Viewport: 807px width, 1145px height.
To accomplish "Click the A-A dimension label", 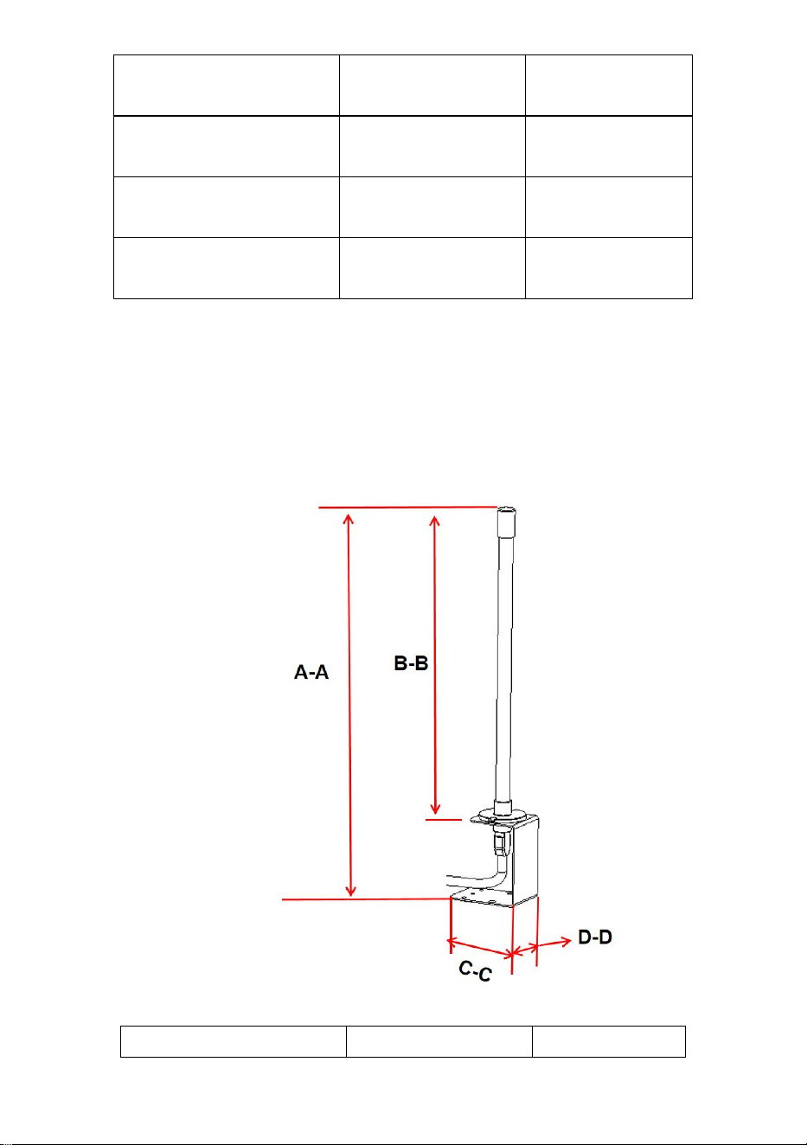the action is click(311, 672).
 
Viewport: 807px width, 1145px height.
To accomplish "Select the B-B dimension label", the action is click(411, 663).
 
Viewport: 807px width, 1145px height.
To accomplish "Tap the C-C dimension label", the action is click(475, 970).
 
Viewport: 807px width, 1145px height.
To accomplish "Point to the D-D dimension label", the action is click(595, 937).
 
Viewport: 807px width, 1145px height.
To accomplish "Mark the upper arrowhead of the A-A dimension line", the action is click(349, 520).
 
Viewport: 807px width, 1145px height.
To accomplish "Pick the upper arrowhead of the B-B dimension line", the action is click(435, 521).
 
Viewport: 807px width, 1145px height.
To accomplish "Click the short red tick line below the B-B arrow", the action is click(444, 819).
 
